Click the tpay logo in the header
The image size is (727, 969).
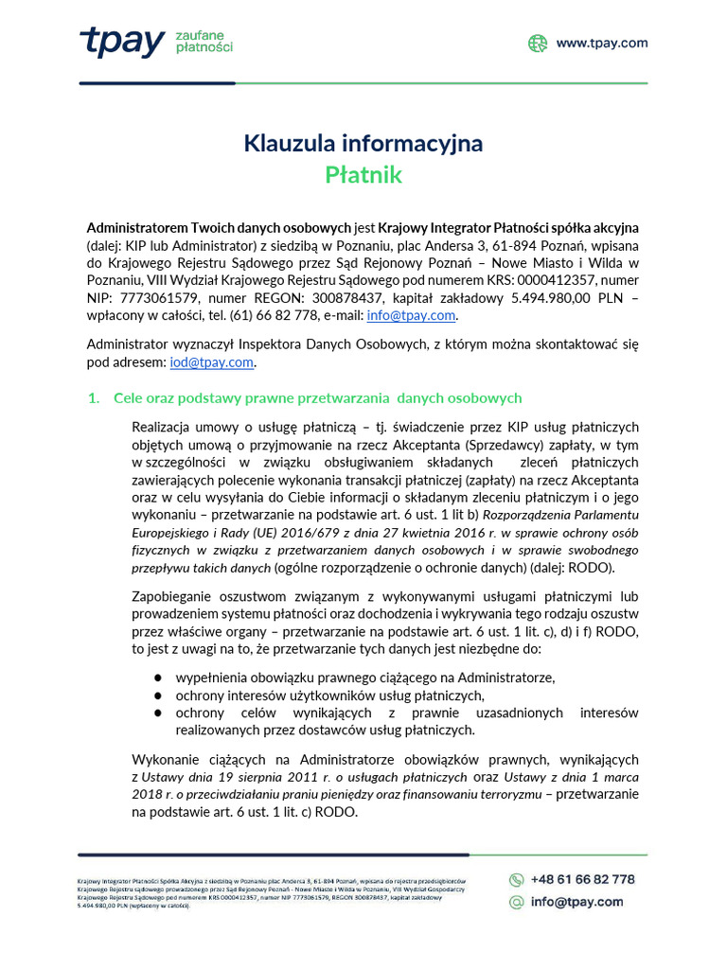[x=121, y=42]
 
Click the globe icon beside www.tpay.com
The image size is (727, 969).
[x=538, y=43]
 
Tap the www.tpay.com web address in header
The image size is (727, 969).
[x=601, y=43]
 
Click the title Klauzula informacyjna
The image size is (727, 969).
[x=363, y=143]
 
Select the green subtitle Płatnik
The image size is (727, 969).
[x=363, y=175]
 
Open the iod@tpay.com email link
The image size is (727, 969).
[x=212, y=361]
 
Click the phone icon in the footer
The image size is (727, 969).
[x=517, y=879]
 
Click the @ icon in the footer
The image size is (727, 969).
[x=517, y=903]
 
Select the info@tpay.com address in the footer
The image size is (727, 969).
[x=576, y=903]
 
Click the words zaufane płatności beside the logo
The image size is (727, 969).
[x=204, y=41]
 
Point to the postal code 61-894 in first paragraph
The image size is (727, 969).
[x=485, y=246]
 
